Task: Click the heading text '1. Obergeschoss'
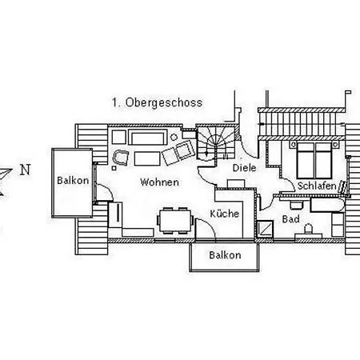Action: coord(157,103)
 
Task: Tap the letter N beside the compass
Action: coord(25,170)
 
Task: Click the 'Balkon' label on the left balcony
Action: coord(71,181)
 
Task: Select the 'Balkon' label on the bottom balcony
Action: coord(224,255)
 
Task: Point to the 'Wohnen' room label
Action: coord(159,182)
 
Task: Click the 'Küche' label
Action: coord(225,214)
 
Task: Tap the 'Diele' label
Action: coord(243,169)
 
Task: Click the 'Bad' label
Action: coord(290,218)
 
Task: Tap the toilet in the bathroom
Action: coord(308,232)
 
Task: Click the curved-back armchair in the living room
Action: coord(122,157)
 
